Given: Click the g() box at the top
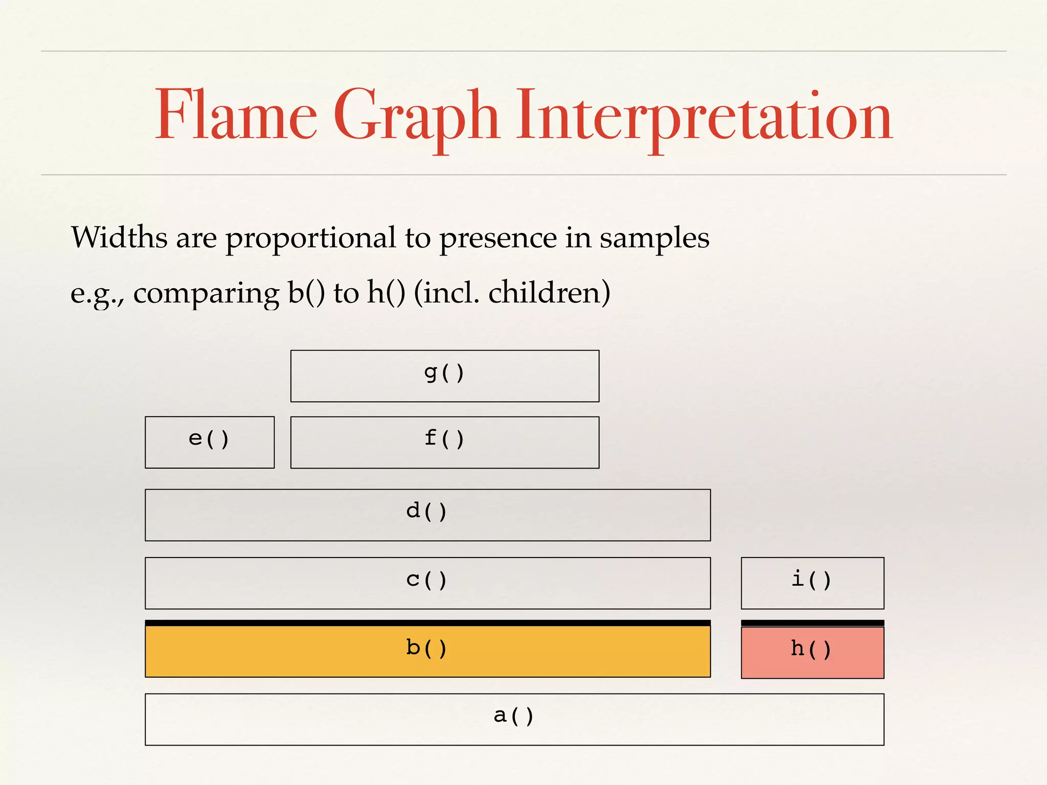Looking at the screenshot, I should [445, 376].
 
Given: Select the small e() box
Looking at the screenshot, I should [210, 443].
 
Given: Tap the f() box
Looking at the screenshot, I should [445, 443].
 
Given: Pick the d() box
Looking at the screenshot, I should [427, 515].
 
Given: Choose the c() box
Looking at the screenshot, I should [427, 583].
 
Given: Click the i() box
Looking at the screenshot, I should [812, 583].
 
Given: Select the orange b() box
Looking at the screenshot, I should [427, 652].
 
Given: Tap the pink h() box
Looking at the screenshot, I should [812, 653].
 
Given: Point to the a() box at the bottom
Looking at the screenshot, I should [514, 720].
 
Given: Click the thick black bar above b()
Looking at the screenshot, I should [427, 623].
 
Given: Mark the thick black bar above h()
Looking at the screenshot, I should [812, 623].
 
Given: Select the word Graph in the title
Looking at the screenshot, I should [417, 117].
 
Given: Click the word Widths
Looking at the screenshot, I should [119, 238].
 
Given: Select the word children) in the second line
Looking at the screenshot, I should [549, 293].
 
